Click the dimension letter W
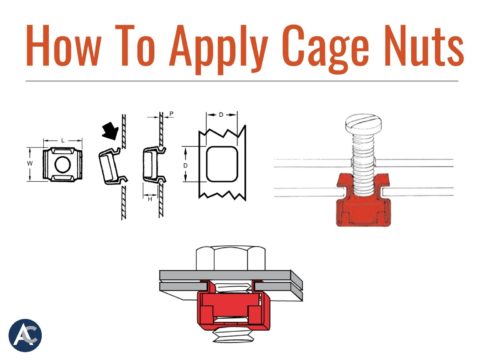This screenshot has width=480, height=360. [x=30, y=161]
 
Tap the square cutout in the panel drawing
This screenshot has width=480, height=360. [x=224, y=160]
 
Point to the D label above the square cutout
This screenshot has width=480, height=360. [x=224, y=112]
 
